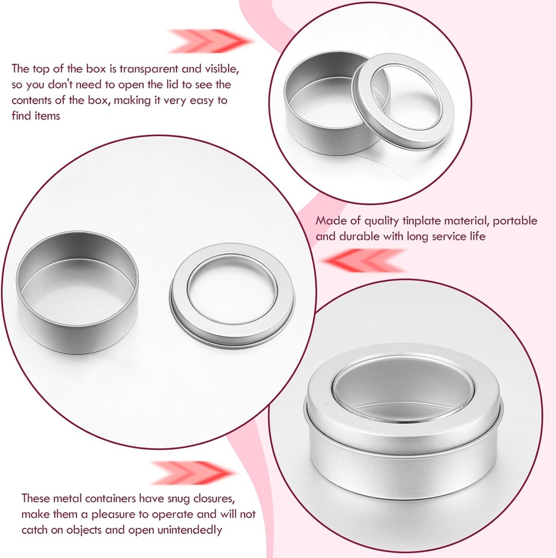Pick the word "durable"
[360, 236]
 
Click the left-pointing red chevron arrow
[363, 260]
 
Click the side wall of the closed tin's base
[403, 474]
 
